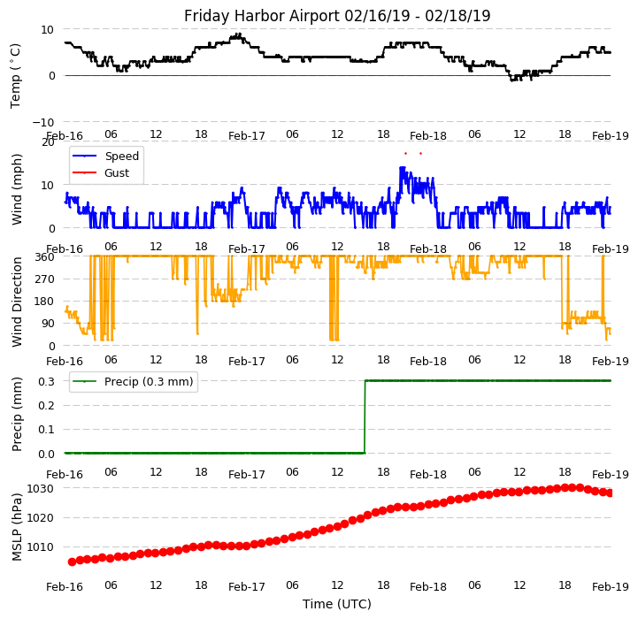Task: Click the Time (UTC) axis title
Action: coord(337,604)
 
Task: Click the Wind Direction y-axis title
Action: coord(18,302)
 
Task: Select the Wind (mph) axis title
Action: coord(18,188)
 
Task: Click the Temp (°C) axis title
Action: coord(16,75)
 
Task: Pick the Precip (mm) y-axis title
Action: coord(18,414)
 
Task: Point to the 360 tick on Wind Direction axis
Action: coord(46,256)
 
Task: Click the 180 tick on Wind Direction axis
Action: coord(46,302)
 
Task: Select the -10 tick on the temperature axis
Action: coord(44,122)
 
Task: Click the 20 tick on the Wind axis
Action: coord(49,142)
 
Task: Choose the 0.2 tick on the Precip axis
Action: coord(47,405)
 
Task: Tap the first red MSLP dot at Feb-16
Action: coord(72,562)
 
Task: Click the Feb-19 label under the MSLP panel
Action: coord(611,586)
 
